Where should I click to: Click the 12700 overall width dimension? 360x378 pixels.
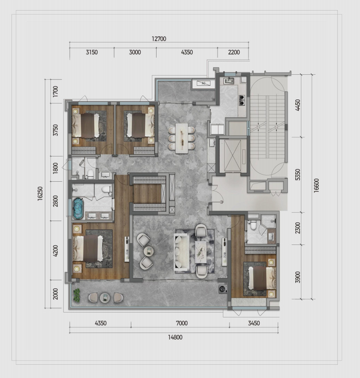pyautogui.click(x=159, y=39)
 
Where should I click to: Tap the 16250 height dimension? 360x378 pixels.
pyautogui.click(x=40, y=193)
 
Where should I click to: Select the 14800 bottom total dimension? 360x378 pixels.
pyautogui.click(x=175, y=337)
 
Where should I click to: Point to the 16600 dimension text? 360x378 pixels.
pyautogui.click(x=316, y=185)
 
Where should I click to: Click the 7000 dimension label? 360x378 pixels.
pyautogui.click(x=182, y=323)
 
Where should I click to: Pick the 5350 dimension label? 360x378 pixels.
pyautogui.click(x=298, y=174)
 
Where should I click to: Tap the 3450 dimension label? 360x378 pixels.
pyautogui.click(x=254, y=323)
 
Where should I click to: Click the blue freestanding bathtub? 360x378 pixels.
pyautogui.click(x=78, y=208)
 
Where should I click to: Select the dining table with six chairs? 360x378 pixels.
pyautogui.click(x=182, y=138)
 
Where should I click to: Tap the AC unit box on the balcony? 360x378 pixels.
pyautogui.click(x=204, y=83)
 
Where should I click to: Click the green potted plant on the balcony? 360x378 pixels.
pyautogui.click(x=77, y=295)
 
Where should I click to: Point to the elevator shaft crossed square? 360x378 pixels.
pyautogui.click(x=232, y=155)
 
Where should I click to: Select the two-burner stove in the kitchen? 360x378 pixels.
pyautogui.click(x=242, y=100)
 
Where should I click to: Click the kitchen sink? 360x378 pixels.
pyautogui.click(x=228, y=80)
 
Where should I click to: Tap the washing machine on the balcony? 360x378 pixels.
pyautogui.click(x=223, y=289)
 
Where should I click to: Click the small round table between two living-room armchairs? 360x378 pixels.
pyautogui.click(x=149, y=251)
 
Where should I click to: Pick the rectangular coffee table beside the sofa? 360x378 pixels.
pyautogui.click(x=201, y=252)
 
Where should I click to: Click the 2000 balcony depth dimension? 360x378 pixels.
pyautogui.click(x=56, y=294)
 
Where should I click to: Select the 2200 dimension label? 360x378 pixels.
pyautogui.click(x=233, y=52)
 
